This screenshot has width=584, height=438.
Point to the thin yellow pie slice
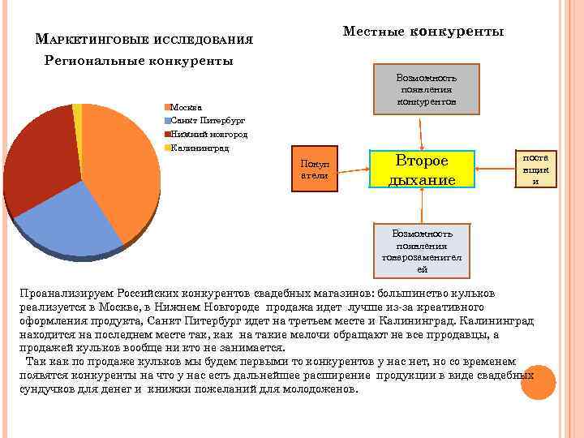78,109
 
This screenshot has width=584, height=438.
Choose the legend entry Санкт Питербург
204,120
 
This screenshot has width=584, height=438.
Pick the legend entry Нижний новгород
206,134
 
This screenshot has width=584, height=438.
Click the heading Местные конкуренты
423,32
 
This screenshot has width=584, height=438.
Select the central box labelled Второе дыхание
421,170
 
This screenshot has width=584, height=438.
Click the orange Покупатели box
314,170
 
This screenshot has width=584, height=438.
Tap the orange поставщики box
535,168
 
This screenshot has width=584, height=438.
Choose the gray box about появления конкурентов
426,89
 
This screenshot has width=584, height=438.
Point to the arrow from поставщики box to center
494,169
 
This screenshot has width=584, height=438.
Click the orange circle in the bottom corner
538,382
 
